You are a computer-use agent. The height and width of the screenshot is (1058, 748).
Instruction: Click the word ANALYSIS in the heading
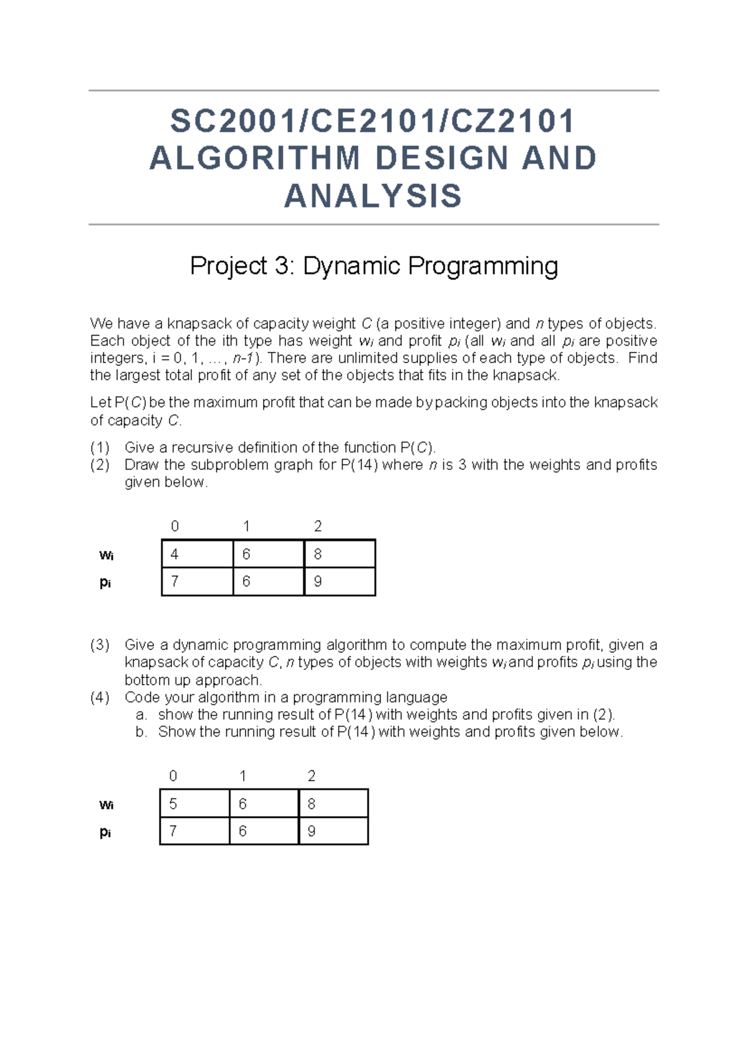pyautogui.click(x=373, y=197)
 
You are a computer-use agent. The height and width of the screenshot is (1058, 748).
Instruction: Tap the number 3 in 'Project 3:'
pyautogui.click(x=282, y=266)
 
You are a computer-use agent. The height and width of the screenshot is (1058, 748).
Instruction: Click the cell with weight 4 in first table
pyautogui.click(x=197, y=554)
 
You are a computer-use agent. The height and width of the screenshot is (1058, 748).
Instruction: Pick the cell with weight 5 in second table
pyautogui.click(x=194, y=803)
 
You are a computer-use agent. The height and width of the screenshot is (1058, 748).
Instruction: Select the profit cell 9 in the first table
pyautogui.click(x=340, y=581)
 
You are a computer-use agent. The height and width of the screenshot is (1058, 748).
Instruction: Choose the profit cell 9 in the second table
pyautogui.click(x=333, y=831)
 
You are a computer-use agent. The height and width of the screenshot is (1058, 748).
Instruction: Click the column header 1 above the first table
pyautogui.click(x=246, y=526)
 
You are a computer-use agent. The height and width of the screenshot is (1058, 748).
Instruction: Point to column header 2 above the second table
pyautogui.click(x=312, y=775)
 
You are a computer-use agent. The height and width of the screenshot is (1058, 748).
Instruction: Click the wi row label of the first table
pyautogui.click(x=106, y=555)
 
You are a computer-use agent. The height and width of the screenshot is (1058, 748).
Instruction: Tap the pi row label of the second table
pyautogui.click(x=105, y=832)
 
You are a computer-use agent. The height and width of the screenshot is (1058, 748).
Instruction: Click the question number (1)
pyautogui.click(x=100, y=447)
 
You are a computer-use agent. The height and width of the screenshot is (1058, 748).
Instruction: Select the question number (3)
pyautogui.click(x=100, y=644)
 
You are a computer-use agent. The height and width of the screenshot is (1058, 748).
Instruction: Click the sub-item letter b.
pyautogui.click(x=141, y=732)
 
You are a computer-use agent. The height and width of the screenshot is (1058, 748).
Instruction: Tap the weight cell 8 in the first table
pyautogui.click(x=340, y=554)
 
